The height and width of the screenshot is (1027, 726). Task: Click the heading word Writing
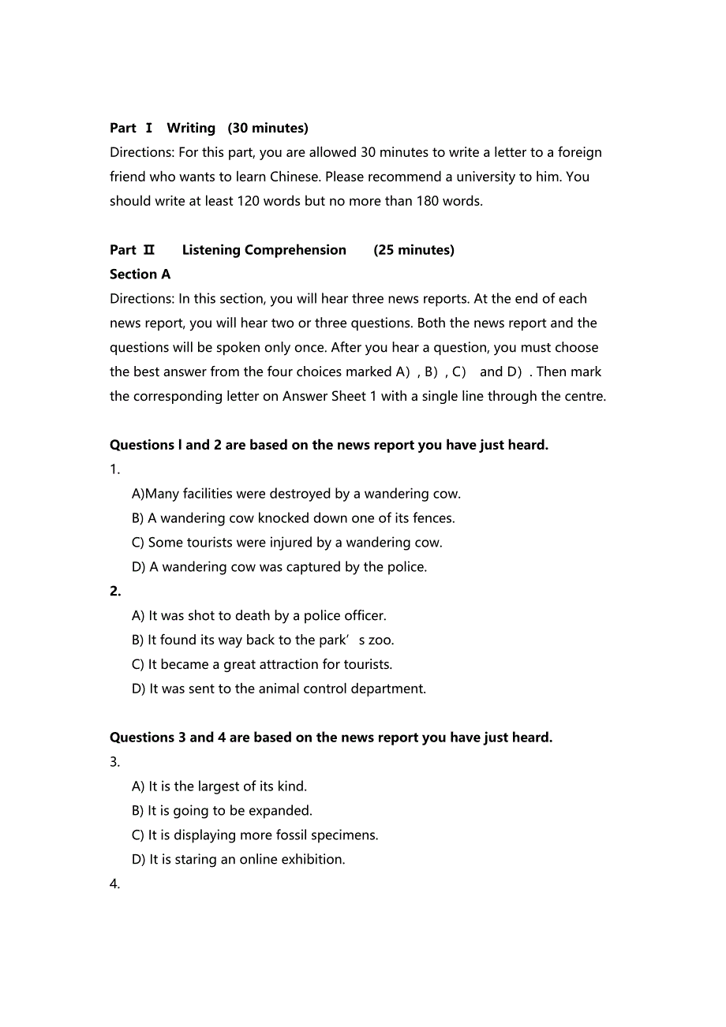click(x=191, y=128)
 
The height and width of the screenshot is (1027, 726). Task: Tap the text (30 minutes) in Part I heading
click(x=268, y=128)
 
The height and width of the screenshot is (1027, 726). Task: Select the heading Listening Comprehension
click(x=264, y=250)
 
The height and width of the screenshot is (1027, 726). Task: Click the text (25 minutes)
click(x=414, y=250)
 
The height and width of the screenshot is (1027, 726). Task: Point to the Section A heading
click(x=140, y=274)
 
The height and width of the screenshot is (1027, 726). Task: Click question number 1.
click(x=115, y=469)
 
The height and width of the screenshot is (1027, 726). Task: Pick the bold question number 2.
click(x=115, y=592)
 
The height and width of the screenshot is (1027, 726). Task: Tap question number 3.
click(x=115, y=762)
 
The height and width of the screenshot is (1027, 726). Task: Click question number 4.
click(x=115, y=884)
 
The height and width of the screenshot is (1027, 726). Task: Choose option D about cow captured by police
click(x=279, y=567)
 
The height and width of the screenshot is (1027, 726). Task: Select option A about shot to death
click(x=259, y=616)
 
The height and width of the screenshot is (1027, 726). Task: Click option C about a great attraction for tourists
click(x=262, y=665)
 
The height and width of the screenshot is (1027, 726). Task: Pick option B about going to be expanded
click(x=222, y=811)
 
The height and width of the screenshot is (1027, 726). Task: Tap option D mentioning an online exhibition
click(x=238, y=860)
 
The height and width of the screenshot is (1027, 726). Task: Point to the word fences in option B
click(x=432, y=518)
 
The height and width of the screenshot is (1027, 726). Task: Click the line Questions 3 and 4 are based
click(x=331, y=738)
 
